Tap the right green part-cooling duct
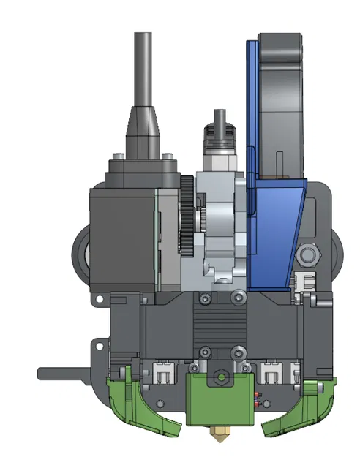point(296,409)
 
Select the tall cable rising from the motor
point(143,66)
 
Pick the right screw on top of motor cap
point(168,156)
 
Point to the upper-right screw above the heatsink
point(236,298)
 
